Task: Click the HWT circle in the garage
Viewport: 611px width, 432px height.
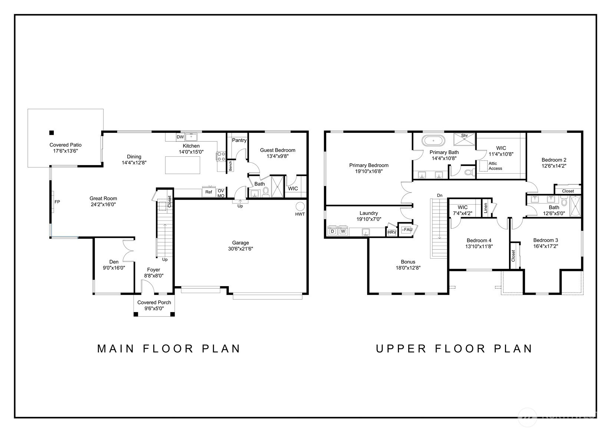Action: pos(300,206)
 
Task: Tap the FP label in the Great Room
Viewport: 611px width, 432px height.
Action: pos(57,202)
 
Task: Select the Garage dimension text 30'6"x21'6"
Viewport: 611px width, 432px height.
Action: pos(240,249)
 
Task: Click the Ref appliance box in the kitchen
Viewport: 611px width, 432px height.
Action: pos(209,192)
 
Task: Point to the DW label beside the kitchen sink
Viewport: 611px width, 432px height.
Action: pos(180,137)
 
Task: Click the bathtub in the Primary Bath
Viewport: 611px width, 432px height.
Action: pos(433,141)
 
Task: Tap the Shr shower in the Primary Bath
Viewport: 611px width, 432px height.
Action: pos(464,139)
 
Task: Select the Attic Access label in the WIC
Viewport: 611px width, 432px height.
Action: pos(495,166)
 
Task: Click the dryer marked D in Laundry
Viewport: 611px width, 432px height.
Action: pos(333,231)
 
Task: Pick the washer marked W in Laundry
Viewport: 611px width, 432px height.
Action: pos(343,231)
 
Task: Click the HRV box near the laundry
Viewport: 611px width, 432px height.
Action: pos(392,232)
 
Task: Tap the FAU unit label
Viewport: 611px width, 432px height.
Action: pos(408,230)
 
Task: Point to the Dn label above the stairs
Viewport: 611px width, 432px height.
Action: pos(440,195)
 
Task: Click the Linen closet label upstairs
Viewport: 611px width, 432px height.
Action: pos(486,208)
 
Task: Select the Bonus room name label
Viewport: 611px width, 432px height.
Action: pos(408,262)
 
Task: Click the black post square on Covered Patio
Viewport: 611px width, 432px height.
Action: pos(52,133)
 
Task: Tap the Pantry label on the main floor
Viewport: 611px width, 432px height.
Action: pos(239,140)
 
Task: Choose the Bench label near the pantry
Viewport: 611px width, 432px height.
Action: pos(231,166)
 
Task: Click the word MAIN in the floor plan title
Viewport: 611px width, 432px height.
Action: pos(116,349)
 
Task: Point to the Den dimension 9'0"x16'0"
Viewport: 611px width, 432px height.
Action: pos(114,268)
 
